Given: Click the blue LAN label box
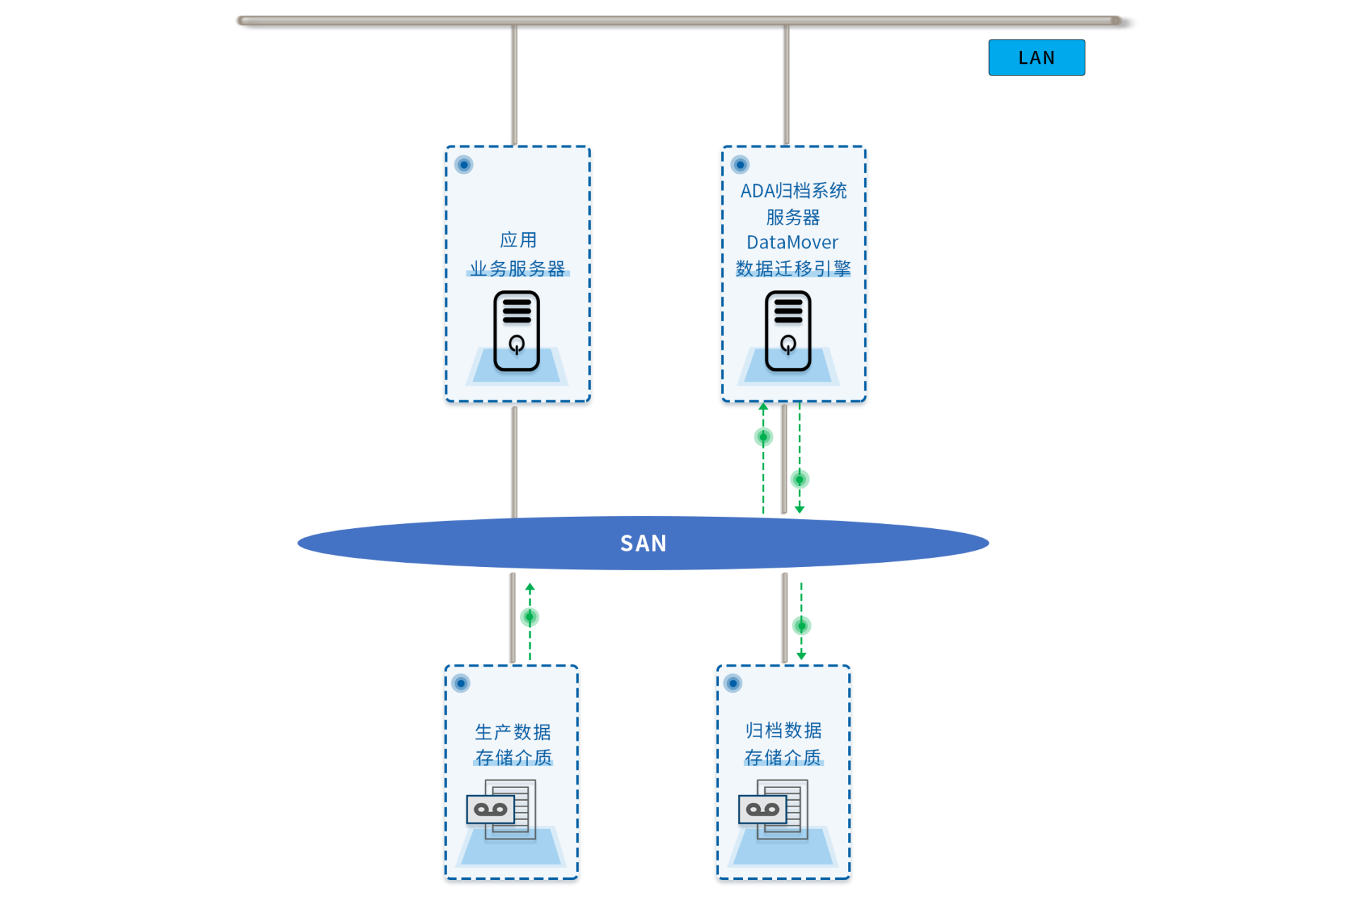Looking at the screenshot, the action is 1036,57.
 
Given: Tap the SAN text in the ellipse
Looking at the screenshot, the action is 643,543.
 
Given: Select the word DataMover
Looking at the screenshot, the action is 792,242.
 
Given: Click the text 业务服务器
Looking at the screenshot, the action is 517,268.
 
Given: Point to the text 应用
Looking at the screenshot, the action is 518,240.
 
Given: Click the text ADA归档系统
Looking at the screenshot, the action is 793,191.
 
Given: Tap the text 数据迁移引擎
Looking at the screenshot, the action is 793,268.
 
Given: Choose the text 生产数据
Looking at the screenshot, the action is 513,732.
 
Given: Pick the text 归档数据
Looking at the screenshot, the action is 783,730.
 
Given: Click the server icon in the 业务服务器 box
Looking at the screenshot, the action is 517,331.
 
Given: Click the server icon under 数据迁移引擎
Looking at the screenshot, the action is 788,331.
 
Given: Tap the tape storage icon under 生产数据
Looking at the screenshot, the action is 501,809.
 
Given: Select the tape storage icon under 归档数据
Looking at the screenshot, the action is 773,809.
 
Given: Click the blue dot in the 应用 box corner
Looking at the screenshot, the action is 464,165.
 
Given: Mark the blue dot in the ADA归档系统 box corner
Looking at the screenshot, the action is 740,165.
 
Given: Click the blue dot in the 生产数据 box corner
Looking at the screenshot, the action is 461,683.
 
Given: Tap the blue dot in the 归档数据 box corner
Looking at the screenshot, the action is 733,683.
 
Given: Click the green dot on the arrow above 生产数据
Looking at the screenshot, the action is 529,617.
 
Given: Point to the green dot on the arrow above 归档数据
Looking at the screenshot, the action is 802,626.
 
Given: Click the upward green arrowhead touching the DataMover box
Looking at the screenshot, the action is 763,407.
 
